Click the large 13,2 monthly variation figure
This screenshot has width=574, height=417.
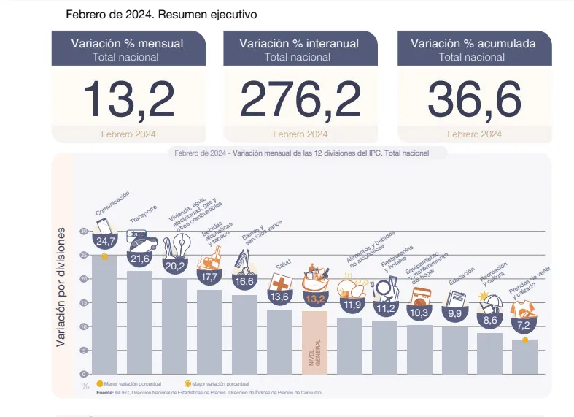(x=128, y=99)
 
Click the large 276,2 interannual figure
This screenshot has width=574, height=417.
(x=300, y=99)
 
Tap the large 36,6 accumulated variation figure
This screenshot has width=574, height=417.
(x=474, y=99)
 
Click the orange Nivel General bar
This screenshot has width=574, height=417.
(x=315, y=342)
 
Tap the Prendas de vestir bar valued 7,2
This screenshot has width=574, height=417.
(x=525, y=356)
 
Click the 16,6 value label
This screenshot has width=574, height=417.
(x=245, y=281)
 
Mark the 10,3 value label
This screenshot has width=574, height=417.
(x=420, y=313)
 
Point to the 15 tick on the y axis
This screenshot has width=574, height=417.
(x=84, y=302)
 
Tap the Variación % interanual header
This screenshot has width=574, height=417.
(x=299, y=44)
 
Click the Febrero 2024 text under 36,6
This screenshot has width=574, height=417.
(x=474, y=134)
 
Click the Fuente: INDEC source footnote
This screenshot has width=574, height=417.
(x=212, y=392)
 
